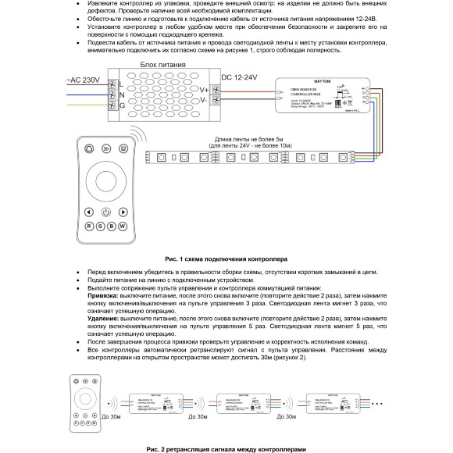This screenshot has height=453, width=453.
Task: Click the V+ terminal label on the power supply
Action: (x=205, y=91)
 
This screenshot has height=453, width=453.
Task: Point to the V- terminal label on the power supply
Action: (x=205, y=100)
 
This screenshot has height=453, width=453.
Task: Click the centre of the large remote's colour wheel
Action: (x=105, y=181)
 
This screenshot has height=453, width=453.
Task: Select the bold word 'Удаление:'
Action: (x=103, y=319)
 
